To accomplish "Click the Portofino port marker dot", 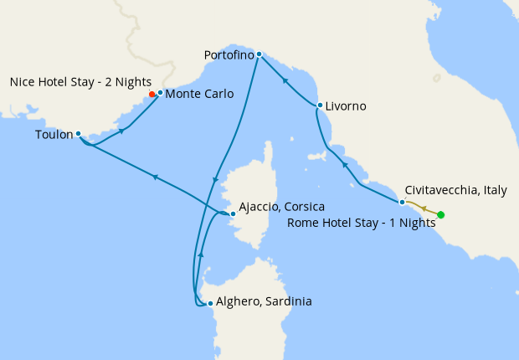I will click(259, 54).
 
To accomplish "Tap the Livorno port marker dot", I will click(320, 105).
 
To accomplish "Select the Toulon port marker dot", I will click(78, 134).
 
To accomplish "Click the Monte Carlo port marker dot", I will click(160, 93).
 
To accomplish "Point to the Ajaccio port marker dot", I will click(233, 213).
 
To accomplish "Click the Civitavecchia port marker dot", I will click(402, 202).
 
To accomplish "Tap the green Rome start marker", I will click(441, 215).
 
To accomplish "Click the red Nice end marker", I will click(152, 95).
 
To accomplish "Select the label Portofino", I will click(229, 55).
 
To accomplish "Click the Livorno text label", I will click(346, 106).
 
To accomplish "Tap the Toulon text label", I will click(54, 134).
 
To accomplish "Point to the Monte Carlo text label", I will click(199, 94).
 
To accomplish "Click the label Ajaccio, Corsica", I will click(281, 206).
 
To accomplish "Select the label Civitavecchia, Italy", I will click(455, 191).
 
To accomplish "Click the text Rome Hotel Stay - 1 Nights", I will click(361, 223).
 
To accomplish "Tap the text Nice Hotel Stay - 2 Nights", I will click(80, 82).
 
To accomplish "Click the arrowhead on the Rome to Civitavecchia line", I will click(423, 208).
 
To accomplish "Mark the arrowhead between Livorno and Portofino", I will click(285, 81).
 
